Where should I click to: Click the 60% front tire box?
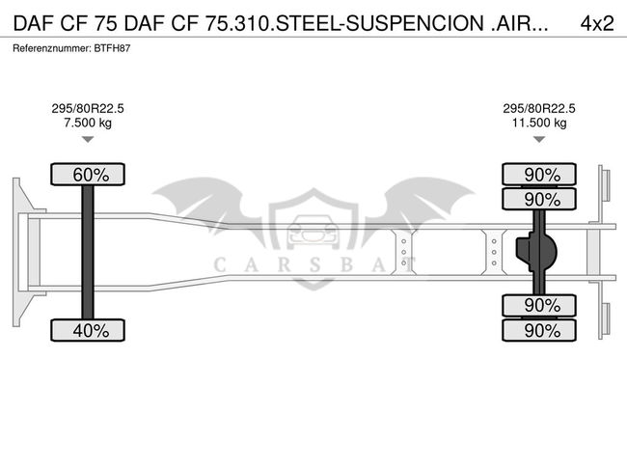click(88, 175)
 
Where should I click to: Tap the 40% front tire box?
click(88, 331)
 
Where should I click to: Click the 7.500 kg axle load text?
click(88, 124)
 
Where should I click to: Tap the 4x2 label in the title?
click(596, 23)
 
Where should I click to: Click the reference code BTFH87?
click(111, 47)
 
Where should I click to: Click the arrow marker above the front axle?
click(88, 140)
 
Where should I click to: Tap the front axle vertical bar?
click(88, 253)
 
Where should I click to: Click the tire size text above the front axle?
click(88, 109)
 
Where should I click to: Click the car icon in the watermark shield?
click(313, 233)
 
